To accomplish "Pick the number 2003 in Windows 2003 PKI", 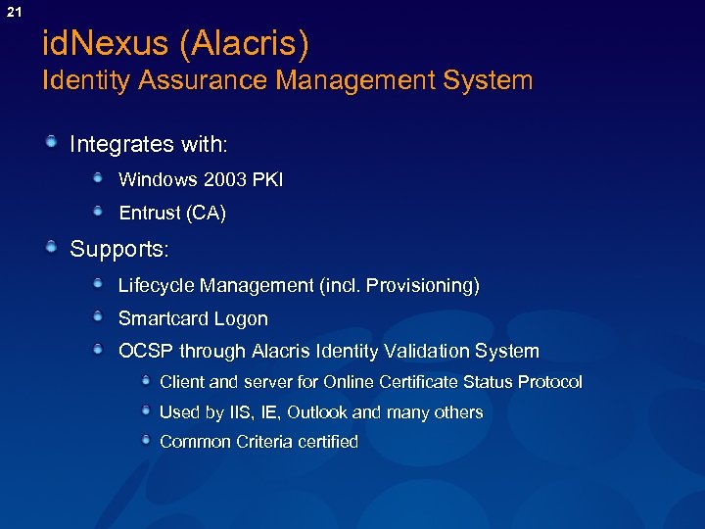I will (x=225, y=180).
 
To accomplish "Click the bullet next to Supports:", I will (x=50, y=248).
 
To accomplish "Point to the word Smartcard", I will (x=160, y=318).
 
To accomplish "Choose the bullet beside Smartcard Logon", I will (x=99, y=317).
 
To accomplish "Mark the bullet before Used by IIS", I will (x=145, y=411).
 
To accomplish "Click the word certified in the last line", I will (x=328, y=442).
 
